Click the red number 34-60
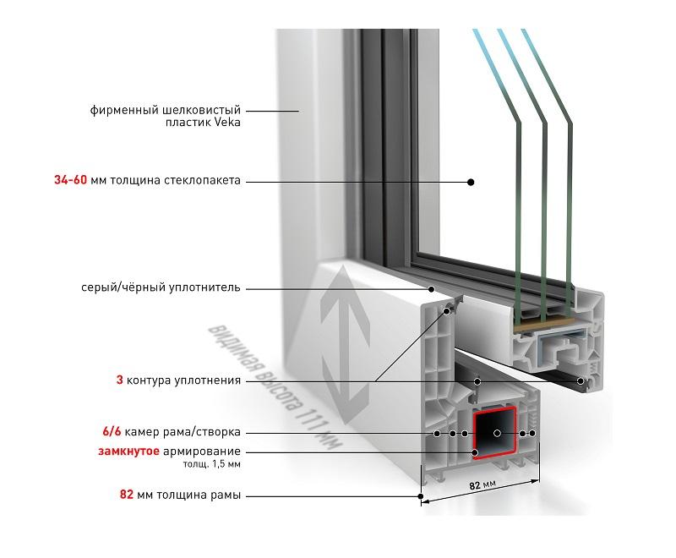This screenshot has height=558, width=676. tap(68, 181)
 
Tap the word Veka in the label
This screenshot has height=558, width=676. tap(226, 123)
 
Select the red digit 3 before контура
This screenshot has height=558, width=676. tap(119, 380)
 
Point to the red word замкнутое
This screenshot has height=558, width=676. tap(127, 451)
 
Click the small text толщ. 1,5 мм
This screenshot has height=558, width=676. tap(213, 465)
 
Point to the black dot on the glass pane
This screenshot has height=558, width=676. tap(472, 181)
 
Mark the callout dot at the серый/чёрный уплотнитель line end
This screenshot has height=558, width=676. tap(432, 288)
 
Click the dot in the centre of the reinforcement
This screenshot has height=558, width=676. tap(498, 433)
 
